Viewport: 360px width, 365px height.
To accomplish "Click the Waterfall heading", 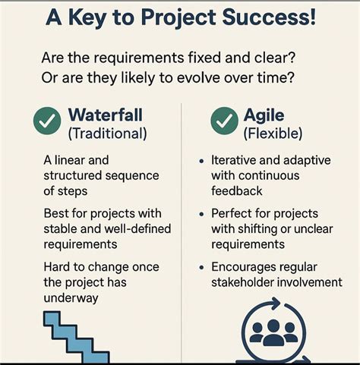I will [106, 115].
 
